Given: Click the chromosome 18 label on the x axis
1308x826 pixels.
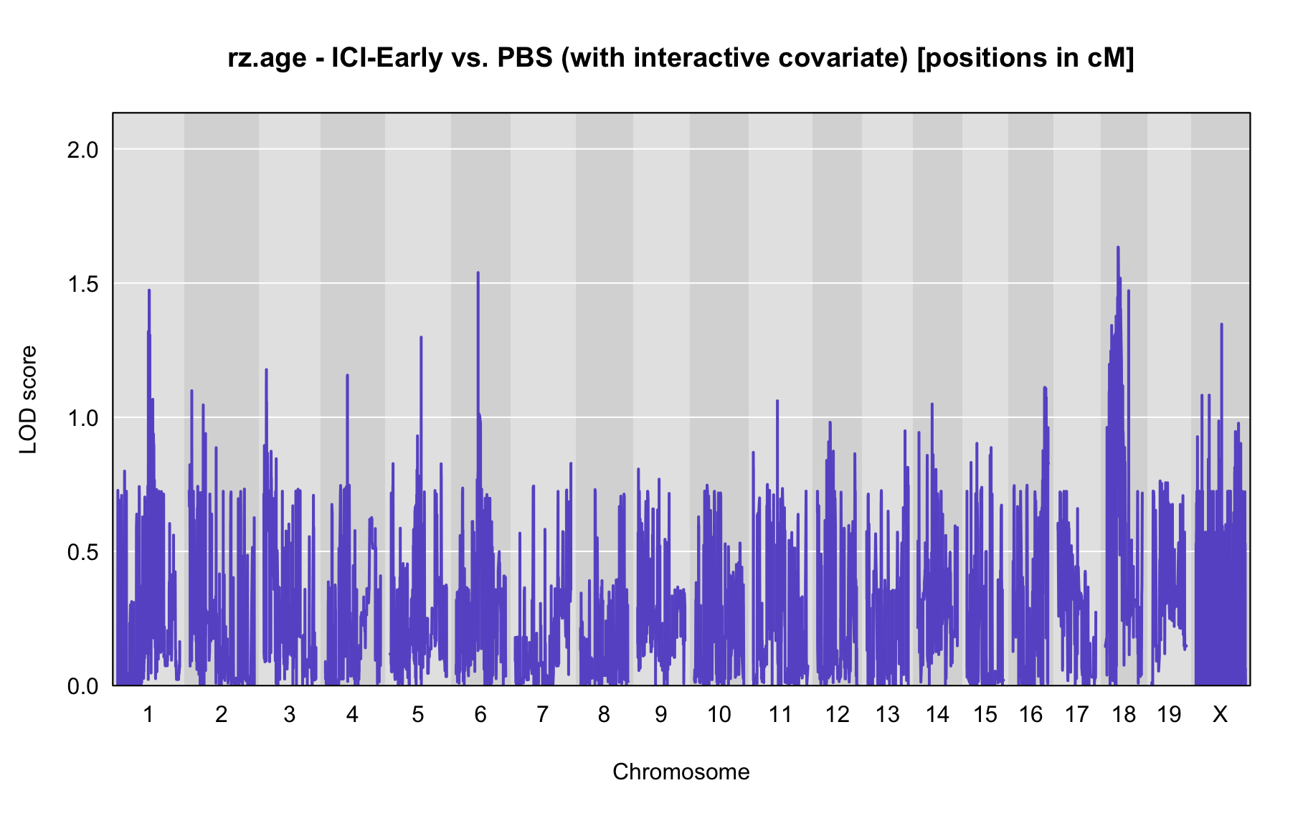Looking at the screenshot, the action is pos(1124,714).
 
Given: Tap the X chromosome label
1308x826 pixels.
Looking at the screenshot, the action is pos(1220,714).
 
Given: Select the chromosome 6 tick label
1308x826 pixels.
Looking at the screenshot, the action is pos(480,714).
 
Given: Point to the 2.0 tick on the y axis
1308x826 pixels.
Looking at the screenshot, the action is pos(82,149).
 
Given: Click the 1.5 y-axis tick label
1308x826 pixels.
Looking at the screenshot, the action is pos(82,283).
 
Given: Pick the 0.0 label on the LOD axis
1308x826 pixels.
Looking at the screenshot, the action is pos(82,686).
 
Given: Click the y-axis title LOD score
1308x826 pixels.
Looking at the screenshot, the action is pos(28,399).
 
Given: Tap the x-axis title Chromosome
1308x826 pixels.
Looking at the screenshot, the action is pos(681,772).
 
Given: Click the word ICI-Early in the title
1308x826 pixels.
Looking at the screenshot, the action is pos(387,58).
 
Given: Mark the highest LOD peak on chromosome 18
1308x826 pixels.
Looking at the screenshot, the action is pos(1118,247).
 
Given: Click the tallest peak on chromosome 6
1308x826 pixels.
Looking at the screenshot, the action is pos(478,272).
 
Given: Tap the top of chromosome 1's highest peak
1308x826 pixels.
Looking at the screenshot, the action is pos(149,290).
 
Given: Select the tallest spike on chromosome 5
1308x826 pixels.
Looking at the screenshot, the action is pos(421,336).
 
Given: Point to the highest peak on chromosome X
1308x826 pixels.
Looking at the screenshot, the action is pos(1221,324).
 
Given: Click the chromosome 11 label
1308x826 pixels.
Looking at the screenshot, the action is pos(780,714).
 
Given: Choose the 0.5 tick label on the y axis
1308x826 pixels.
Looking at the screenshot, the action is pos(82,552).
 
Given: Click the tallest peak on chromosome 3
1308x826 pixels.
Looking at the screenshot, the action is pos(267,369).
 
